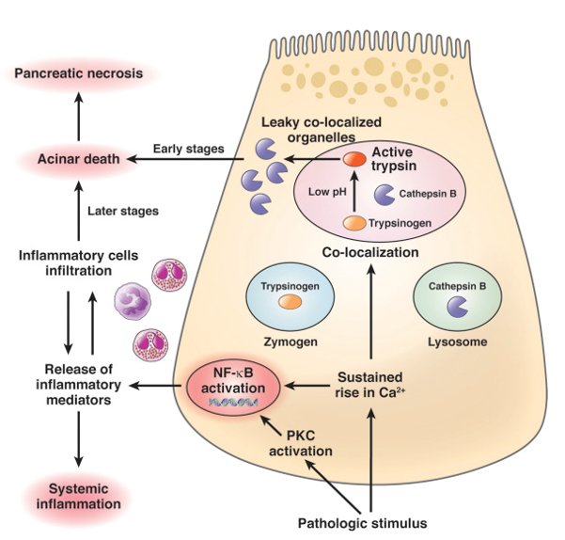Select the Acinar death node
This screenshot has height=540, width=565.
pyautogui.click(x=80, y=159)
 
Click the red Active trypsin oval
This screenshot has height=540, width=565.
pyautogui.click(x=353, y=159)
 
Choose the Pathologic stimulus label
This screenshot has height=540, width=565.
pyautogui.click(x=363, y=522)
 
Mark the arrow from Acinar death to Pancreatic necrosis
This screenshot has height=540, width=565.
pyautogui.click(x=79, y=116)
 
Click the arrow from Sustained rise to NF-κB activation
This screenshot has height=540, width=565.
pyautogui.click(x=306, y=384)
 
